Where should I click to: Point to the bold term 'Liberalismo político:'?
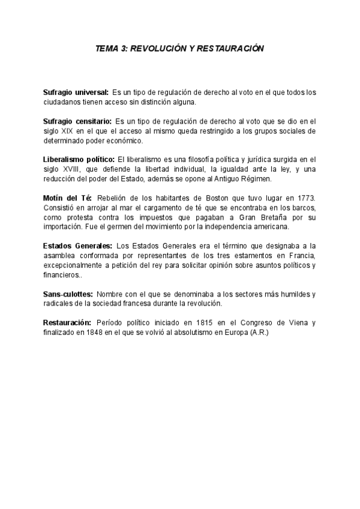click(79, 159)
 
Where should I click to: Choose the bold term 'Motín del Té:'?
click(67, 197)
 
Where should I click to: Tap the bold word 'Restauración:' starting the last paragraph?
click(67, 322)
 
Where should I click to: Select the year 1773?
click(304, 197)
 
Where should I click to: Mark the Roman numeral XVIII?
click(73, 169)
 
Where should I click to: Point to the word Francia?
click(302, 255)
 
